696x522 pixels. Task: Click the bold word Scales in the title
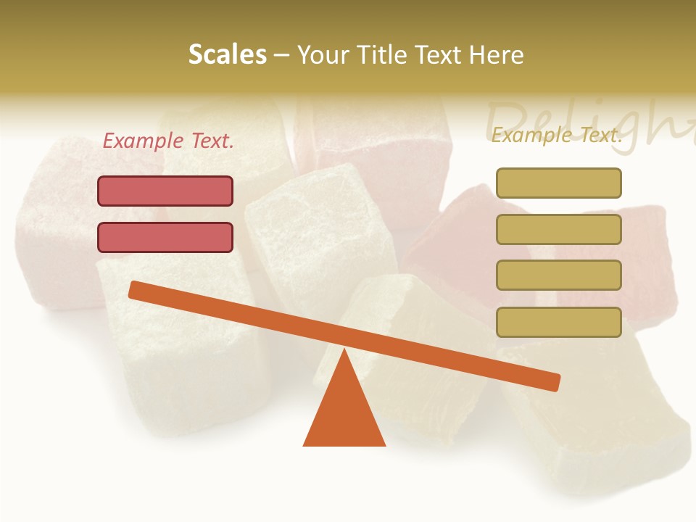[227, 55]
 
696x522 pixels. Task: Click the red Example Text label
[168, 141]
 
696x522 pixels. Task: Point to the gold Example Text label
[557, 135]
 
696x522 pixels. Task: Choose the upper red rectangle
[165, 191]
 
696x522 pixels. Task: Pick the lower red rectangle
[165, 237]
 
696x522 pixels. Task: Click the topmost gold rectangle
[558, 183]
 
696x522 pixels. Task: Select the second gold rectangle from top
[558, 229]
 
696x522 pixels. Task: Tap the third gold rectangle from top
[558, 275]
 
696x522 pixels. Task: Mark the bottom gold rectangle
[558, 322]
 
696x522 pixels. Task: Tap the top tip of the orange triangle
[344, 352]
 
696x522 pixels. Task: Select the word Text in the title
[438, 55]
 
